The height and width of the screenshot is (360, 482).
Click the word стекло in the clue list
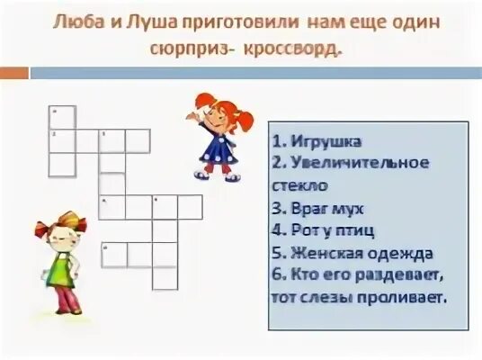pos(299,186)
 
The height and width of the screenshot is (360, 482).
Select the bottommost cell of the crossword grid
pos(165,277)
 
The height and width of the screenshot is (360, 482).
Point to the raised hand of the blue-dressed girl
pos(192,114)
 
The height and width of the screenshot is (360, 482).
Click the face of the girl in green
pos(64,229)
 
